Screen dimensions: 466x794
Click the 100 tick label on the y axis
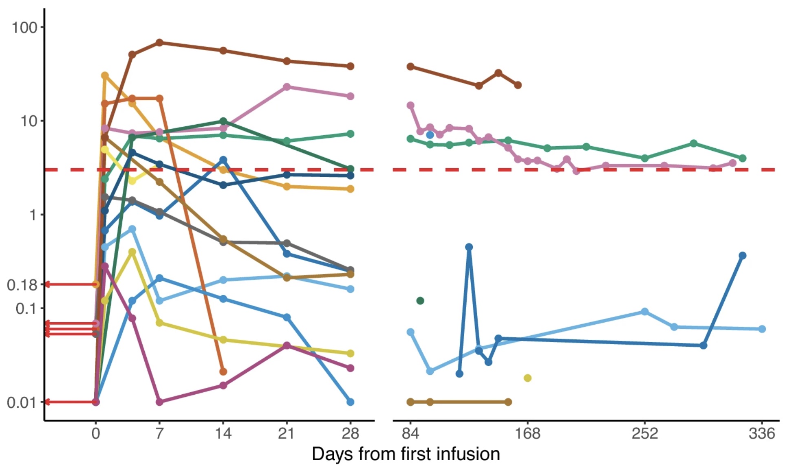24,28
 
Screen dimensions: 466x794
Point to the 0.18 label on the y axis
22,285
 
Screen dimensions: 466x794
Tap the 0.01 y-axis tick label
22,403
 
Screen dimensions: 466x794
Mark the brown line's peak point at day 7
159,43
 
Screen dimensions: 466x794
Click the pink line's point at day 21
287,87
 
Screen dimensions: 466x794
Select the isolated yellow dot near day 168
527,378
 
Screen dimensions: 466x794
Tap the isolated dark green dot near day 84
420,301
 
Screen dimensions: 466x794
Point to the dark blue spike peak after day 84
469,247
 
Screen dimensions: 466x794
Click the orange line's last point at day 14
223,371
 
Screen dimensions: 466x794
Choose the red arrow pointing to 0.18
69,284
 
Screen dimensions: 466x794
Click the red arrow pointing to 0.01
69,402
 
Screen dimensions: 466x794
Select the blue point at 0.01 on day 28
350,402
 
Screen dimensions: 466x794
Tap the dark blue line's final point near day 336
742,255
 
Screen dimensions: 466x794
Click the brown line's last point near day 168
518,85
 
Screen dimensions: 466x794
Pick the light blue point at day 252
645,312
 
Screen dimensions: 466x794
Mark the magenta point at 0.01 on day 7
159,402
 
